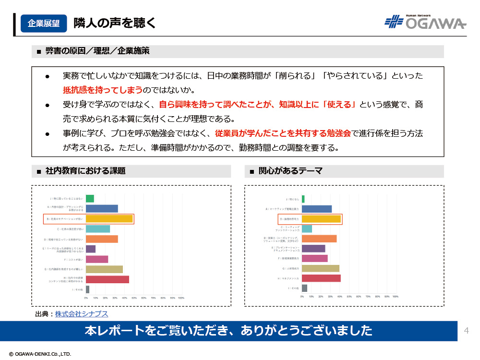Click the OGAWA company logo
pos(425,22)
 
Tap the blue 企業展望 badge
pos(44,23)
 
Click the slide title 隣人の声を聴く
pos(115,23)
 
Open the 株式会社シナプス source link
pos(82,314)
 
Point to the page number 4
pos(467,330)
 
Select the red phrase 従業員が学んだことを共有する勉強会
pos(283,133)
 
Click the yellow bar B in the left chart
pos(109,219)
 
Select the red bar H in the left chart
pos(108,279)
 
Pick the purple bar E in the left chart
pos(91,249)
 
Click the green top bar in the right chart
pos(303,199)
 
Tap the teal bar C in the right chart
pos(307,229)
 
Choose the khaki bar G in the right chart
pos(321,268)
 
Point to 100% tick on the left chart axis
pos(181,298)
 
